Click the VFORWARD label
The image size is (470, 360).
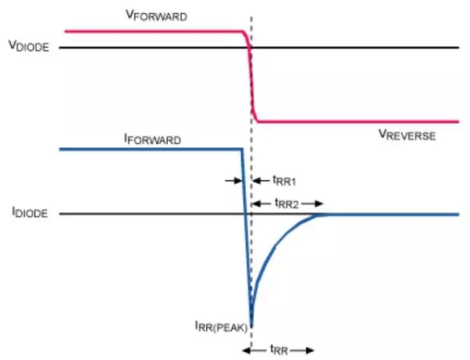click(x=156, y=16)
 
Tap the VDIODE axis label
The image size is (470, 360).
click(x=29, y=46)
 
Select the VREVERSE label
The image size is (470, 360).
click(x=407, y=135)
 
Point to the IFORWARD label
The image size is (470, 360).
click(x=152, y=139)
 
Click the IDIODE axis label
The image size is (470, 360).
click(x=29, y=213)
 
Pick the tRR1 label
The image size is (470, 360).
click(x=284, y=181)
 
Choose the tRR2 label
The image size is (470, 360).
click(x=287, y=204)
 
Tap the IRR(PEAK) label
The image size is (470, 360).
click(x=221, y=326)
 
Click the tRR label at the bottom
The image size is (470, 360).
click(x=278, y=349)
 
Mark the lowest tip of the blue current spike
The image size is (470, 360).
click(x=251, y=326)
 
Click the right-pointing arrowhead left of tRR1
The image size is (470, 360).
click(x=238, y=181)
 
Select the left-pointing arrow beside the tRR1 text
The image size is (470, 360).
click(x=260, y=181)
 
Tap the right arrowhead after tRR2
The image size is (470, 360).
click(x=319, y=204)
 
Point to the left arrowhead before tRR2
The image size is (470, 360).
click(x=256, y=204)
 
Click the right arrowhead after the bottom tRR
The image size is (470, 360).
click(x=310, y=350)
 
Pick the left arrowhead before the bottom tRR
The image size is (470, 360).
click(x=247, y=350)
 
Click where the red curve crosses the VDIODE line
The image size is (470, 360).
click(x=250, y=47)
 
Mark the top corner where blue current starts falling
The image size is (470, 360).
click(x=242, y=149)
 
